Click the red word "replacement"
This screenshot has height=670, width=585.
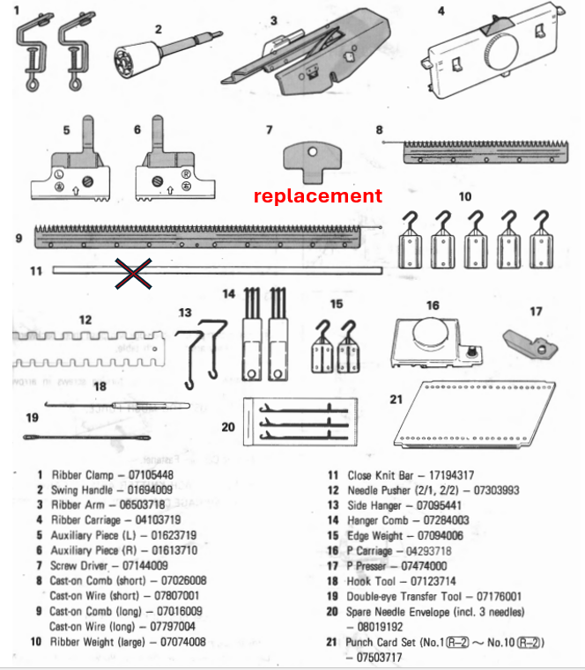[x=318, y=195]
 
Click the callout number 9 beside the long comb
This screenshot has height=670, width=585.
[x=19, y=238]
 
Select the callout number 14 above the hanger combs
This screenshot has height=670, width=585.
[x=228, y=294]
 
